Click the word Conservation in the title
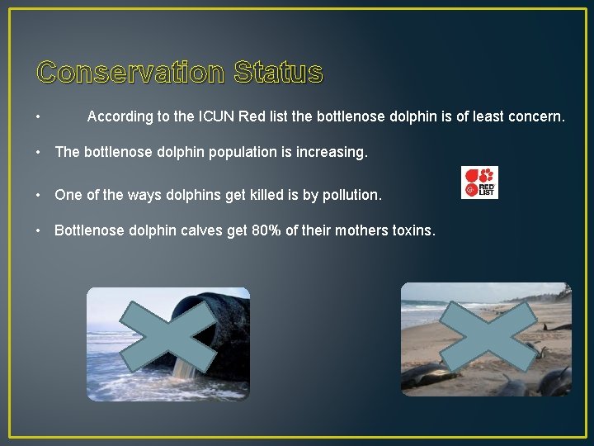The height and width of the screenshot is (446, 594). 130,73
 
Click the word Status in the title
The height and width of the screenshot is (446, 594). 278,73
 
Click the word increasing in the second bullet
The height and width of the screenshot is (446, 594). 329,153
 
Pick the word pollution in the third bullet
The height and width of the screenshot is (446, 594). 349,196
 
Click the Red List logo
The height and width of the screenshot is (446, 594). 479,183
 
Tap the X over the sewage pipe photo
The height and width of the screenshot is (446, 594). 168,337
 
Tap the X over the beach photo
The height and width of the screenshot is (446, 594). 486,337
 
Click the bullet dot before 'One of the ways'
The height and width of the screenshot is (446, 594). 40,196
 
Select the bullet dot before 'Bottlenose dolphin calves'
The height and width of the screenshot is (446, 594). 40,230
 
